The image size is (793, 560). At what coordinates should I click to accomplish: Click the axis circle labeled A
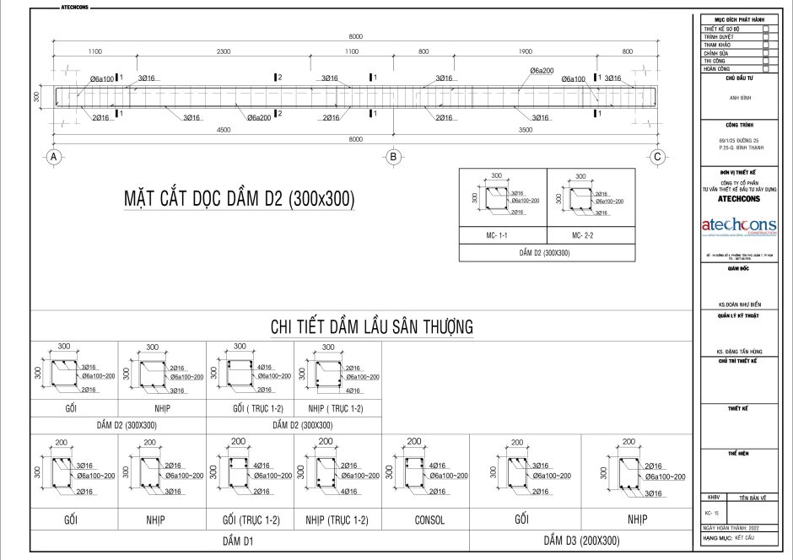(x=53, y=156)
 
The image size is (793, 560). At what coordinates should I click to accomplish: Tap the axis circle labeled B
(x=392, y=156)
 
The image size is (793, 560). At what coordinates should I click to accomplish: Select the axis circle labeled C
(x=658, y=156)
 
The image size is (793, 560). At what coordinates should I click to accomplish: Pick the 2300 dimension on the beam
(x=223, y=52)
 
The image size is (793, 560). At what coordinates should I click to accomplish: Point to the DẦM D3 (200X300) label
(x=581, y=541)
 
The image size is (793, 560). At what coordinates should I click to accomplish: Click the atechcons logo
(x=737, y=225)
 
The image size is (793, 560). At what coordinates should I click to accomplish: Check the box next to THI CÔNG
(x=765, y=62)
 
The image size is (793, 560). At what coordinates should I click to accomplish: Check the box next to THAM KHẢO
(x=765, y=45)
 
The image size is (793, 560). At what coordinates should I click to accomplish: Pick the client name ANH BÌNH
(x=737, y=97)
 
